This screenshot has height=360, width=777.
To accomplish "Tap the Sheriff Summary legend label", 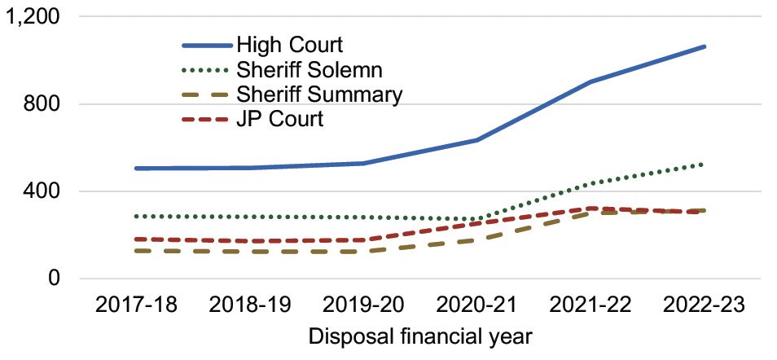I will [x=319, y=94].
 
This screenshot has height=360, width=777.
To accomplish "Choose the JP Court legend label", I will [x=279, y=119].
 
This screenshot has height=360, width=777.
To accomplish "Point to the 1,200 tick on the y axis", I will [x=37, y=17].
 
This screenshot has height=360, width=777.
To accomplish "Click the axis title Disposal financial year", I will [x=420, y=336].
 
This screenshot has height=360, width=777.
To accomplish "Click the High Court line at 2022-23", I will [x=705, y=47].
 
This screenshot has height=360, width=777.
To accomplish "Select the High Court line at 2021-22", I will [x=590, y=82].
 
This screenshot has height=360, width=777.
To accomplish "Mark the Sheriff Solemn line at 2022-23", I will [x=705, y=165].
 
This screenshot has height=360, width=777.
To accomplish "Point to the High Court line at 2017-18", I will [x=136, y=169].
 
